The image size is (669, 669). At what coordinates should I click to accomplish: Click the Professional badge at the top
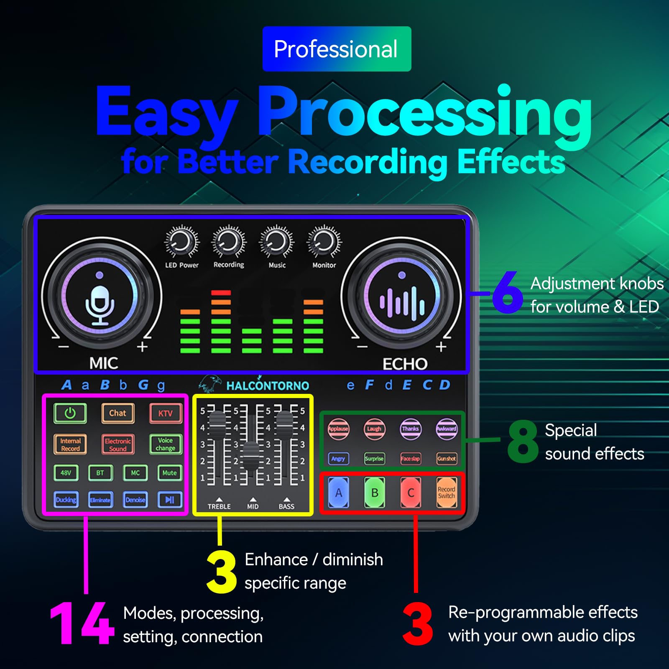(337, 49)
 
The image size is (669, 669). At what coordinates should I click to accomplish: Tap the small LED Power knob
(181, 242)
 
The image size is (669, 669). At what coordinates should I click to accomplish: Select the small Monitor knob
(324, 242)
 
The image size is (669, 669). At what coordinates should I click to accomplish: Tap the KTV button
(166, 413)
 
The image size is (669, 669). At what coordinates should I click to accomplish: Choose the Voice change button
(166, 444)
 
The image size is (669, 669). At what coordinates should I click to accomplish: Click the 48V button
(66, 473)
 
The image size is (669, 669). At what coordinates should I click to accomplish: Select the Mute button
(169, 473)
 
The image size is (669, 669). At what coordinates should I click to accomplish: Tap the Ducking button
(66, 500)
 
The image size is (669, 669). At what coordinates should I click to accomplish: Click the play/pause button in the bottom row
(169, 500)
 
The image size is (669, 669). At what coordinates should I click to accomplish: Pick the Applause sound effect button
(338, 429)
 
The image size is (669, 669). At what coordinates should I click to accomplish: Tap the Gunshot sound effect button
(447, 459)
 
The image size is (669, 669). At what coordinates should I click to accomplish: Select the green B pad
(375, 493)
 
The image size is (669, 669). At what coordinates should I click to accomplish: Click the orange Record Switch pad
(447, 493)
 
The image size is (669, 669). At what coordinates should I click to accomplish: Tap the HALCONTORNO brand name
(268, 386)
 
